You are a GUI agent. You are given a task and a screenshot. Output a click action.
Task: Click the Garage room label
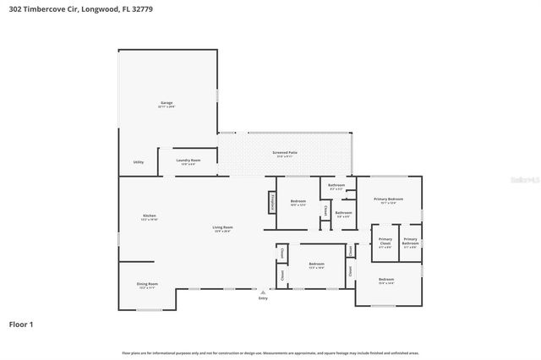point(167,103)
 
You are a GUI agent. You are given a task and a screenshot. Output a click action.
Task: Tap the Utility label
point(138,162)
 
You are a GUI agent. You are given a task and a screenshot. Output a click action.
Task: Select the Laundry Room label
point(188,160)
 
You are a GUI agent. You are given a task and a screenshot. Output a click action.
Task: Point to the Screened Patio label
point(282,153)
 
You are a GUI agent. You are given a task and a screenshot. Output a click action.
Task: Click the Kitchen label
point(150,216)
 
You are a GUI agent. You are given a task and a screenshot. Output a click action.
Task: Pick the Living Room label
point(222,227)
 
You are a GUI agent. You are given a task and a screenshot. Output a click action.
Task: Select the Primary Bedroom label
point(388,199)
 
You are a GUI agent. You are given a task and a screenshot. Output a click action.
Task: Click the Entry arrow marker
point(263,292)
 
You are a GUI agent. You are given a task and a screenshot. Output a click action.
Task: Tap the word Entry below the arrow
point(263,298)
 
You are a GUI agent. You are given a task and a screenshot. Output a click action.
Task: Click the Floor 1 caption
point(22,324)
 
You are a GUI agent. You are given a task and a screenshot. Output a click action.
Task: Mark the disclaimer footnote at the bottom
point(270,352)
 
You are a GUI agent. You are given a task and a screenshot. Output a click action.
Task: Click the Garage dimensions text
point(167,107)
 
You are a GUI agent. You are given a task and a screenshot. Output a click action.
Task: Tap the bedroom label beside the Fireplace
point(298,201)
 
